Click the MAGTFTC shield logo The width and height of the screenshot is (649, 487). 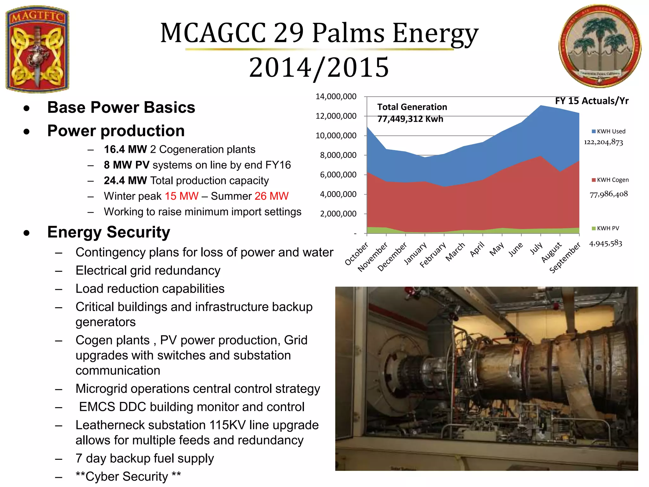pos(37,49)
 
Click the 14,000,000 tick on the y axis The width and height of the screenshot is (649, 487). pos(336,97)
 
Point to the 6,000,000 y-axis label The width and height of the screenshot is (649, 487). pos(338,175)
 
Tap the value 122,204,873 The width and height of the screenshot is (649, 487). pos(603,142)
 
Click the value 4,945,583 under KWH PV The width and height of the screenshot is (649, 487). pos(605,243)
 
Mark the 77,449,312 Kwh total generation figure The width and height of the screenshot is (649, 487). pos(410,119)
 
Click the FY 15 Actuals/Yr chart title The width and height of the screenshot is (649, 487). pos(592,101)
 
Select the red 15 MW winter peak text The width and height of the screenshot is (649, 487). pos(182,196)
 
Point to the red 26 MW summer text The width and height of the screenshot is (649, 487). pos(272,196)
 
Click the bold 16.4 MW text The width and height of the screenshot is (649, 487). pos(125,149)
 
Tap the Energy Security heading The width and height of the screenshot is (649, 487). pos(109,232)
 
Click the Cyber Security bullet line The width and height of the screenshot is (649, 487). pos(128,477)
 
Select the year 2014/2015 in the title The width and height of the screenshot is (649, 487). pos(319,67)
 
